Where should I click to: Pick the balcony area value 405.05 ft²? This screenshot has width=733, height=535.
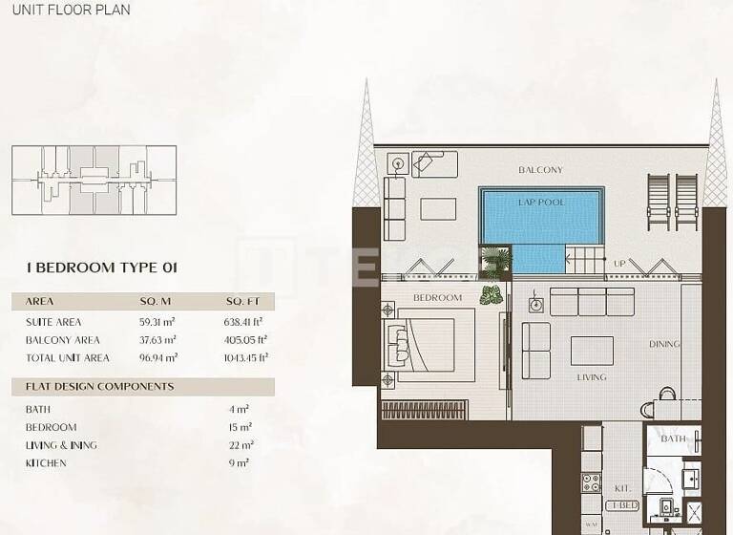[x=248, y=340]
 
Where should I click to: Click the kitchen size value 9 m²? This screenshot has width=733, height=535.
[x=240, y=463]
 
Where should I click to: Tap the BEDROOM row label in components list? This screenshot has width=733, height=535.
[x=52, y=427]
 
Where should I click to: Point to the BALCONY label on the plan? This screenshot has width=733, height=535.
[x=540, y=170]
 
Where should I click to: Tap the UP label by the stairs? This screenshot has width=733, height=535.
[x=619, y=264]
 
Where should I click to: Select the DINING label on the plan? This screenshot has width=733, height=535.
[x=664, y=344]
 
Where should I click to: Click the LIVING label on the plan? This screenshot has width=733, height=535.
[x=591, y=377]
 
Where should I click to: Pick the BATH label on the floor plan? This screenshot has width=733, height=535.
[x=673, y=439]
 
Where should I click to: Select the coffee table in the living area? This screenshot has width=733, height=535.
[x=592, y=351]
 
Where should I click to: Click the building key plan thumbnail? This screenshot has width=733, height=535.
[x=94, y=180]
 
